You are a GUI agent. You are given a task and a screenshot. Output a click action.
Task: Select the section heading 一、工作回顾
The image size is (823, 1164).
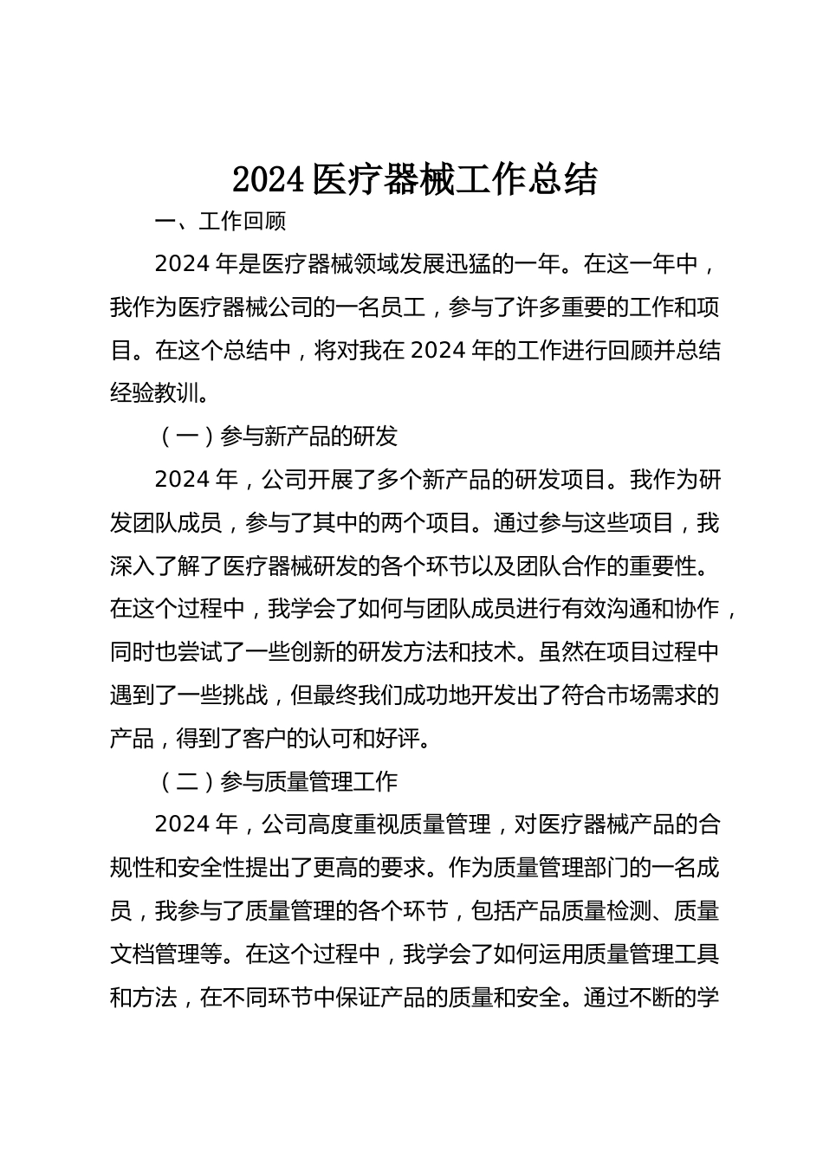[x=220, y=222]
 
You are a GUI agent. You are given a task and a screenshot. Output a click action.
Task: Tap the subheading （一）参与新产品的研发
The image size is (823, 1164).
[x=278, y=436]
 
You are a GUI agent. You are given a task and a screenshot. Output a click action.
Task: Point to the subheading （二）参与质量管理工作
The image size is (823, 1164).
[x=278, y=782]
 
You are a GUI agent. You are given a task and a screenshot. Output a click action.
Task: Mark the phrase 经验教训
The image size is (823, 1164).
[x=154, y=393]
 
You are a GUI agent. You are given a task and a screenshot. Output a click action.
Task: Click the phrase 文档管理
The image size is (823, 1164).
[x=154, y=954]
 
